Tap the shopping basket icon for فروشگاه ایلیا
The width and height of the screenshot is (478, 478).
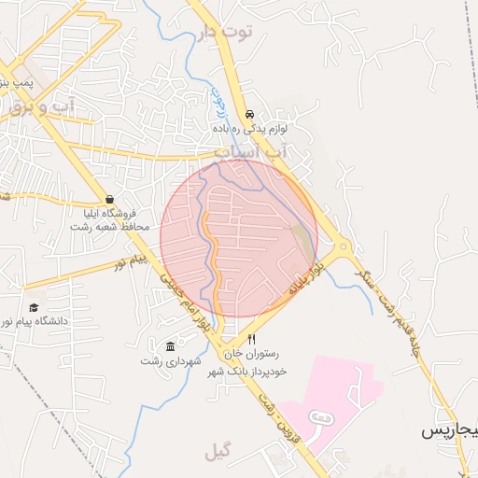pos(110,199)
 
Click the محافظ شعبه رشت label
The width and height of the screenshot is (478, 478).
pos(108,227)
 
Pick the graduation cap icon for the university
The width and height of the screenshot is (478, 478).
pos(34,307)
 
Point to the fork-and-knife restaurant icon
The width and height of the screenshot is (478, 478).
pos(251,340)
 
